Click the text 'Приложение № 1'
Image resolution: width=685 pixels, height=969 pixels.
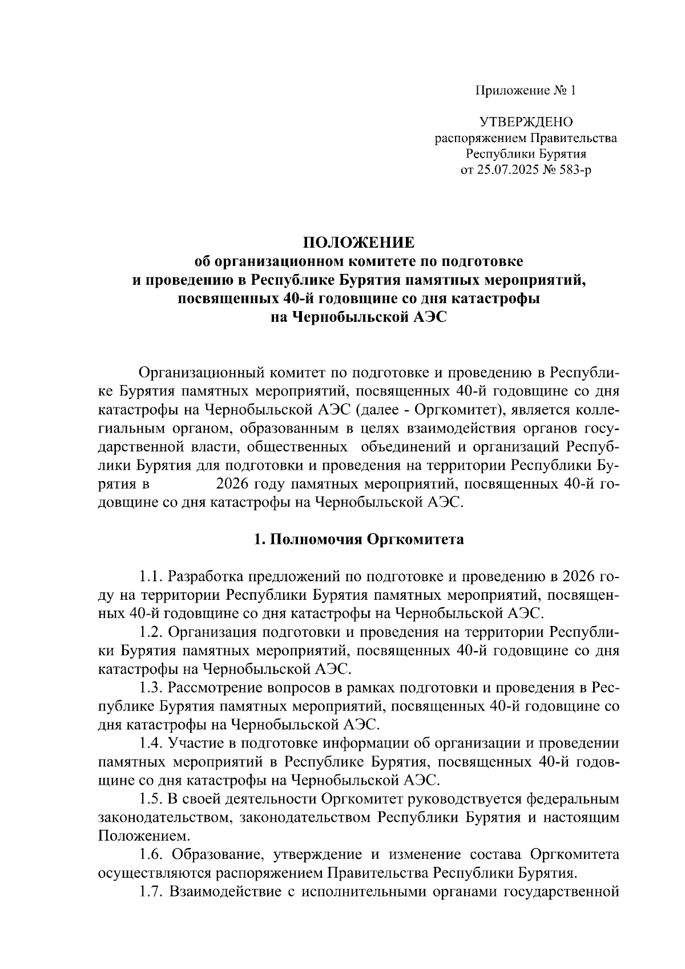[526, 91]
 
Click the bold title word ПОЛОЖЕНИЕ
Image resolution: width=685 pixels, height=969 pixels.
[358, 243]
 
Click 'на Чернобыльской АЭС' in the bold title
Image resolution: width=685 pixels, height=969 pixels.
[358, 318]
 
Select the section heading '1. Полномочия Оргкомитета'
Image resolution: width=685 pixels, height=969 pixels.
[358, 539]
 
